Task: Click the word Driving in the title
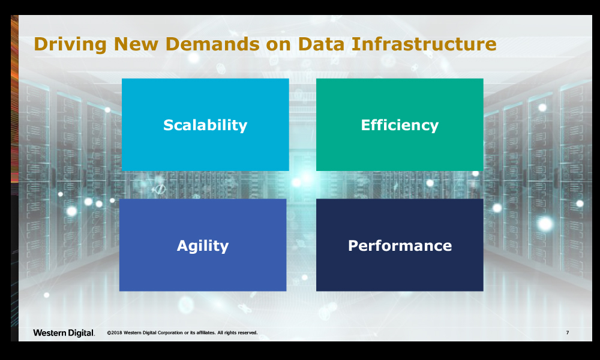click(70, 44)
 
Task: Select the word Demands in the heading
click(212, 44)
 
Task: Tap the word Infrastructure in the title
click(424, 44)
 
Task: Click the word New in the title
click(136, 44)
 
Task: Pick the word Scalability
click(205, 125)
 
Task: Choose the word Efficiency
click(400, 125)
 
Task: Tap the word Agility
click(202, 245)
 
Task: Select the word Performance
click(400, 245)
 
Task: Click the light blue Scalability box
click(205, 125)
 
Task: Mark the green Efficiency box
click(400, 125)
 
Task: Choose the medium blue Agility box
click(203, 245)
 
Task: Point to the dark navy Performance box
click(400, 245)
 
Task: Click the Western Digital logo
click(64, 333)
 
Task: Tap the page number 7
click(568, 332)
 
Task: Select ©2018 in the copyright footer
click(115, 333)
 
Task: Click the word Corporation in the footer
click(170, 333)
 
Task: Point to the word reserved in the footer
click(247, 333)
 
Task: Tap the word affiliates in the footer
click(206, 333)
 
